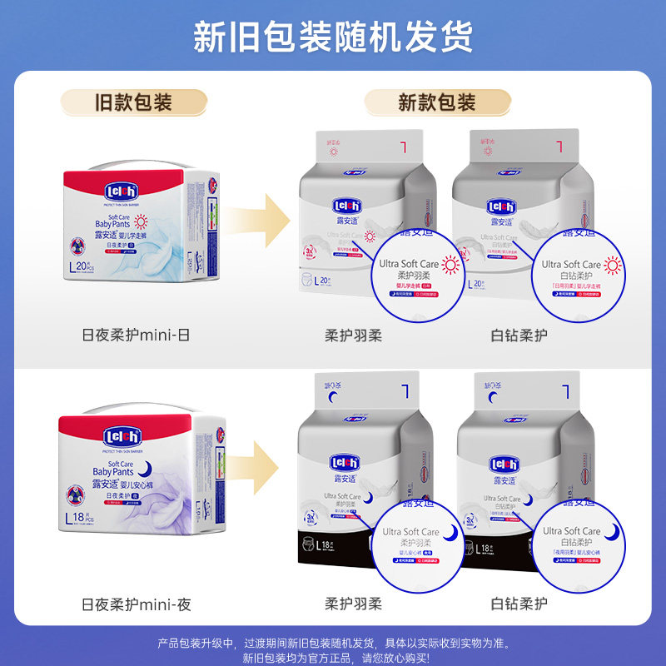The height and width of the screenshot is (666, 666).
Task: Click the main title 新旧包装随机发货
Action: [333, 36]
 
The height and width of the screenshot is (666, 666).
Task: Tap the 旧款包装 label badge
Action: [132, 102]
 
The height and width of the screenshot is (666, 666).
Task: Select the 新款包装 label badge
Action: [436, 102]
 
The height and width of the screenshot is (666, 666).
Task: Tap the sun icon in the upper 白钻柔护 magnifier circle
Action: [613, 265]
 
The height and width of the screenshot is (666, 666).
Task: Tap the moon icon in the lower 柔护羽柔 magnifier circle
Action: [450, 531]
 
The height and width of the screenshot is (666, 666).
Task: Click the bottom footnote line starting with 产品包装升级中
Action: [333, 643]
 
